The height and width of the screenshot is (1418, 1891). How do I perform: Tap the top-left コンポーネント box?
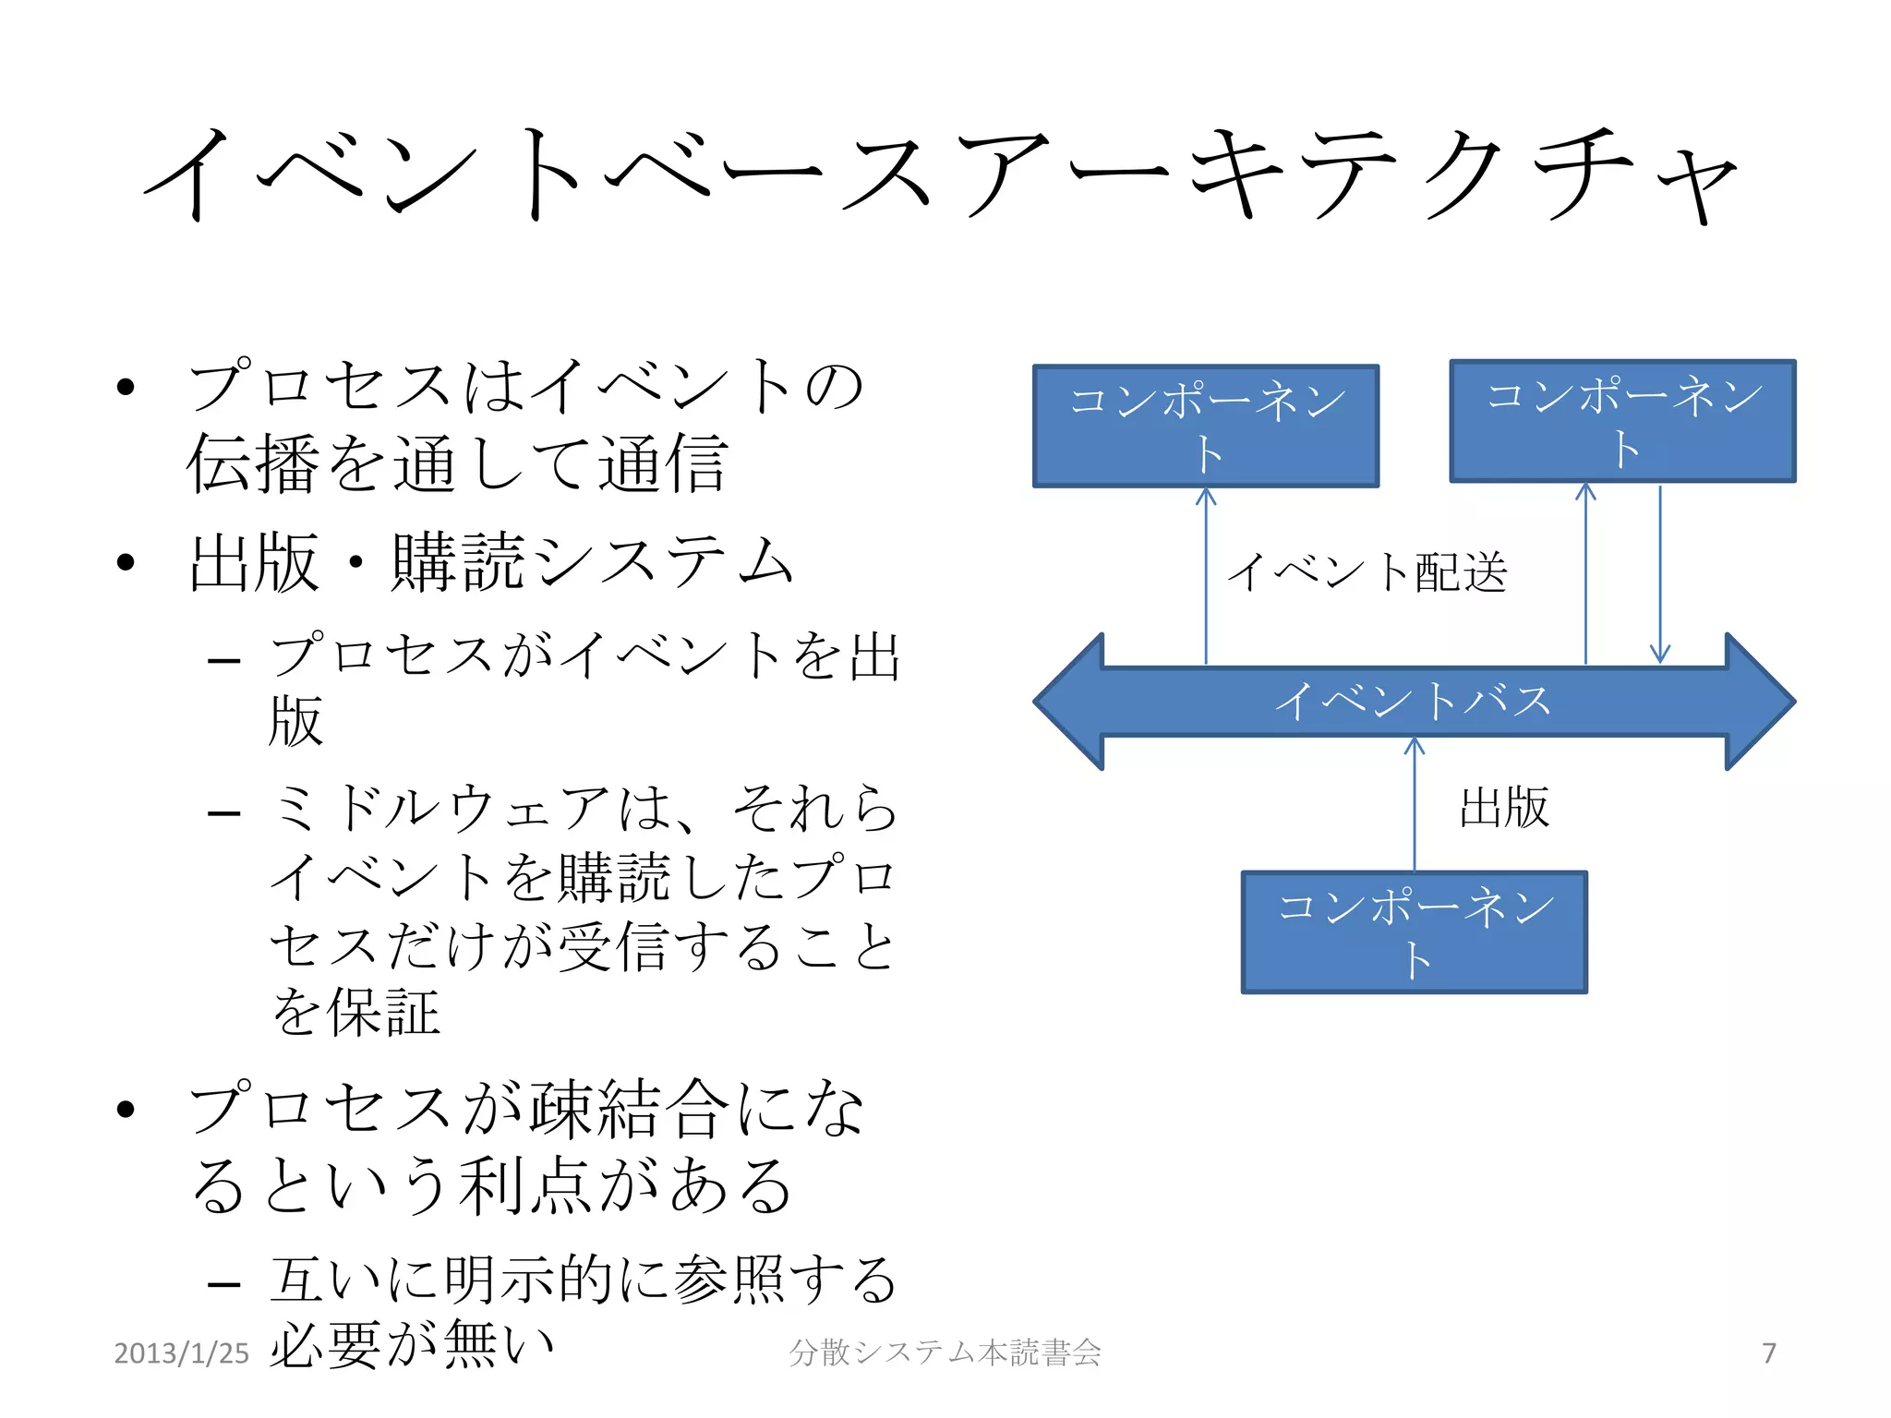(1206, 427)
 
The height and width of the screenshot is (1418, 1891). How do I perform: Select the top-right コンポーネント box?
(1622, 422)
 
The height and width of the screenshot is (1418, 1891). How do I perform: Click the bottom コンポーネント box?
(1414, 932)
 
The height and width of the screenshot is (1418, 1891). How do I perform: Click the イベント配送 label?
(1367, 572)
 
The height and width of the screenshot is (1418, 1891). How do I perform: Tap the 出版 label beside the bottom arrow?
(1504, 808)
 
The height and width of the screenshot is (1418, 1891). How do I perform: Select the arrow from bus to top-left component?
(1206, 577)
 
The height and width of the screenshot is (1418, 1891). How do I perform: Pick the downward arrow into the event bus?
(1660, 577)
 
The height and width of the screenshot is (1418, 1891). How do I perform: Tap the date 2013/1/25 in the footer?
(181, 1353)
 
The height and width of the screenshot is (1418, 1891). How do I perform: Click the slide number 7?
(1768, 1353)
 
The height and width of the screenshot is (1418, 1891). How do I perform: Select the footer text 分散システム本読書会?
(945, 1353)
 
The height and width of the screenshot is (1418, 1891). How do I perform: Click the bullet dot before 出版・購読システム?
(126, 561)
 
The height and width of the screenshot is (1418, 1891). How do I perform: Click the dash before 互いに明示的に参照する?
(224, 1284)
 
